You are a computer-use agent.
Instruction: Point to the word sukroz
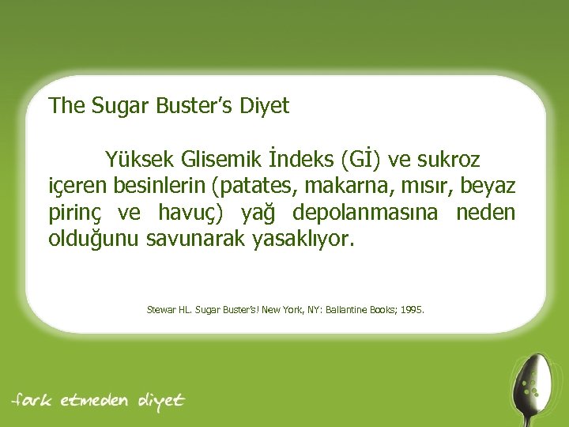[447, 161]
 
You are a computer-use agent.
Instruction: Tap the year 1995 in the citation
[411, 309]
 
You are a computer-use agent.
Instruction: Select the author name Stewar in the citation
[161, 309]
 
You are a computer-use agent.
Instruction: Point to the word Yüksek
[138, 161]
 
